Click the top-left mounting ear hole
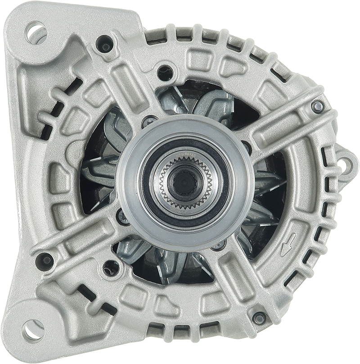[36, 32]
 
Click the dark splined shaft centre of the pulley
[182, 182]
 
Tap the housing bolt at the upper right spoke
[317, 106]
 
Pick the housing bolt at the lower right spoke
[259, 318]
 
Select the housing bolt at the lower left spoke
[45, 260]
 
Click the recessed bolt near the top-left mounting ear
[105, 44]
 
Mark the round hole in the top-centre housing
[165, 72]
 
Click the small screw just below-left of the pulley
[123, 216]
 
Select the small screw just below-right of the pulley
[219, 245]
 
